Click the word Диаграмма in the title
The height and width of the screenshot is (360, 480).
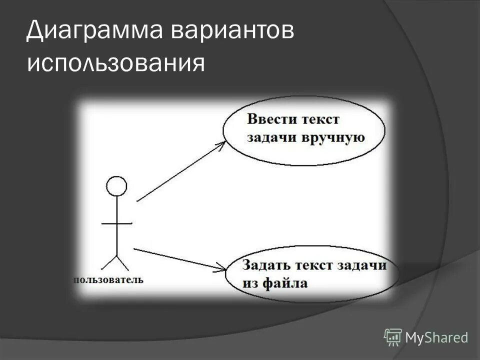click(93, 32)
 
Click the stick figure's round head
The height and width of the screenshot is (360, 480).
click(116, 186)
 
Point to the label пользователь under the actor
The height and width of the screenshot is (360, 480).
click(108, 279)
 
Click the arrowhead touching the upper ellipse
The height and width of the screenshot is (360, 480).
click(222, 143)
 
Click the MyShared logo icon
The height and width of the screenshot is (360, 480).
click(393, 337)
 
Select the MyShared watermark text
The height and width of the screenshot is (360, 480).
click(437, 337)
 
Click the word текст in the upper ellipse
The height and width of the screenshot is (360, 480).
click(320, 120)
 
